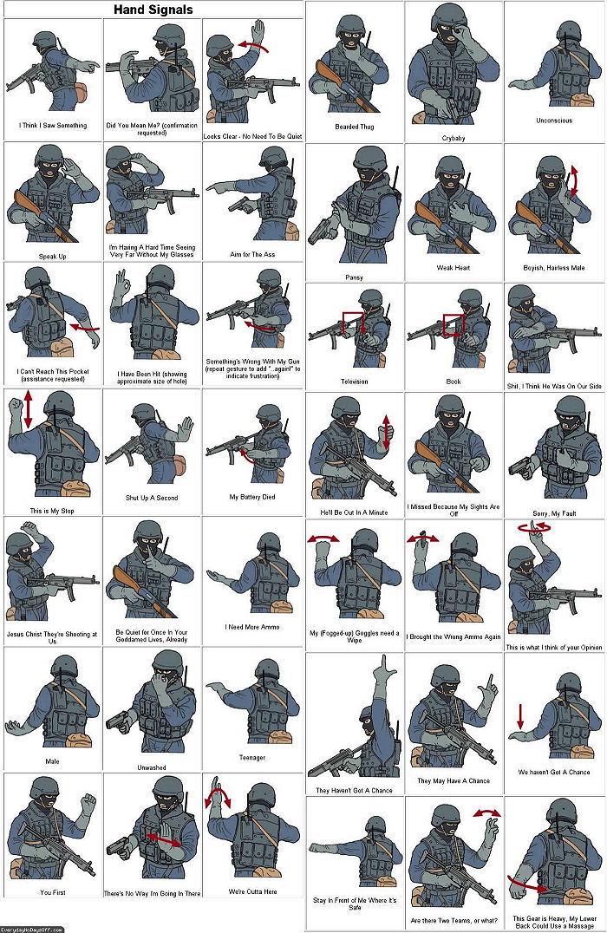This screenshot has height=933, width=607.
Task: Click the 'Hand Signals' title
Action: (x=153, y=10)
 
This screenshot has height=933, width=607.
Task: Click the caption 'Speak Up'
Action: (x=52, y=257)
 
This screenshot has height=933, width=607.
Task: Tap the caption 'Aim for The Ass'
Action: (x=252, y=254)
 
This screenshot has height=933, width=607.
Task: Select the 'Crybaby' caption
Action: (x=454, y=138)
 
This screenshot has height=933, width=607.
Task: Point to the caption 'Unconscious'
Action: (x=554, y=121)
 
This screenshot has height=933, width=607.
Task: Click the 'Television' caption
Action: (x=354, y=382)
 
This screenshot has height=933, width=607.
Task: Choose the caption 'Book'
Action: (x=454, y=382)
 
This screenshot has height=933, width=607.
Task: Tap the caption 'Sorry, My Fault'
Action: (x=554, y=513)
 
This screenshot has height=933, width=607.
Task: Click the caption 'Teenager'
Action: (x=252, y=758)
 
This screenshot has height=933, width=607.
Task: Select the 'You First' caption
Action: (x=52, y=892)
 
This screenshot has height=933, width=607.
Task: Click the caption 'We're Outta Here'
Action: (x=252, y=891)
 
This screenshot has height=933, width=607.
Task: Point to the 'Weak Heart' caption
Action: (x=454, y=268)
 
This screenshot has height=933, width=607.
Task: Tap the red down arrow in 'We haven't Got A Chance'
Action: (x=520, y=716)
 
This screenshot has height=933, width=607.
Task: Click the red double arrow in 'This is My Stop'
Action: (x=28, y=409)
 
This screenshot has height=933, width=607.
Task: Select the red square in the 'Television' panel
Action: (x=353, y=323)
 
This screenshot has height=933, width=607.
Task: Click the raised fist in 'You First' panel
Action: (x=88, y=805)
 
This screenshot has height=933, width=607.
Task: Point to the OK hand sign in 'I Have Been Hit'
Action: (x=122, y=278)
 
